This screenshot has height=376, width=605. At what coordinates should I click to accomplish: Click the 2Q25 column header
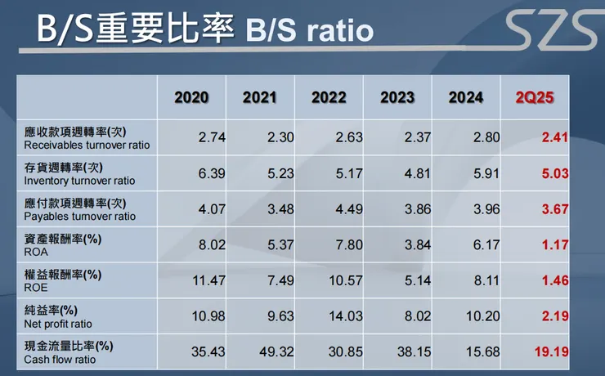pyautogui.click(x=536, y=98)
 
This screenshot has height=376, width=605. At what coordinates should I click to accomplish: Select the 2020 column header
pyautogui.click(x=191, y=98)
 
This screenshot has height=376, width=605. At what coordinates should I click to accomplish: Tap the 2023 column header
pyautogui.click(x=397, y=98)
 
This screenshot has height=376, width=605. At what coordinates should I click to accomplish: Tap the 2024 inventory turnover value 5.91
pyautogui.click(x=485, y=173)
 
